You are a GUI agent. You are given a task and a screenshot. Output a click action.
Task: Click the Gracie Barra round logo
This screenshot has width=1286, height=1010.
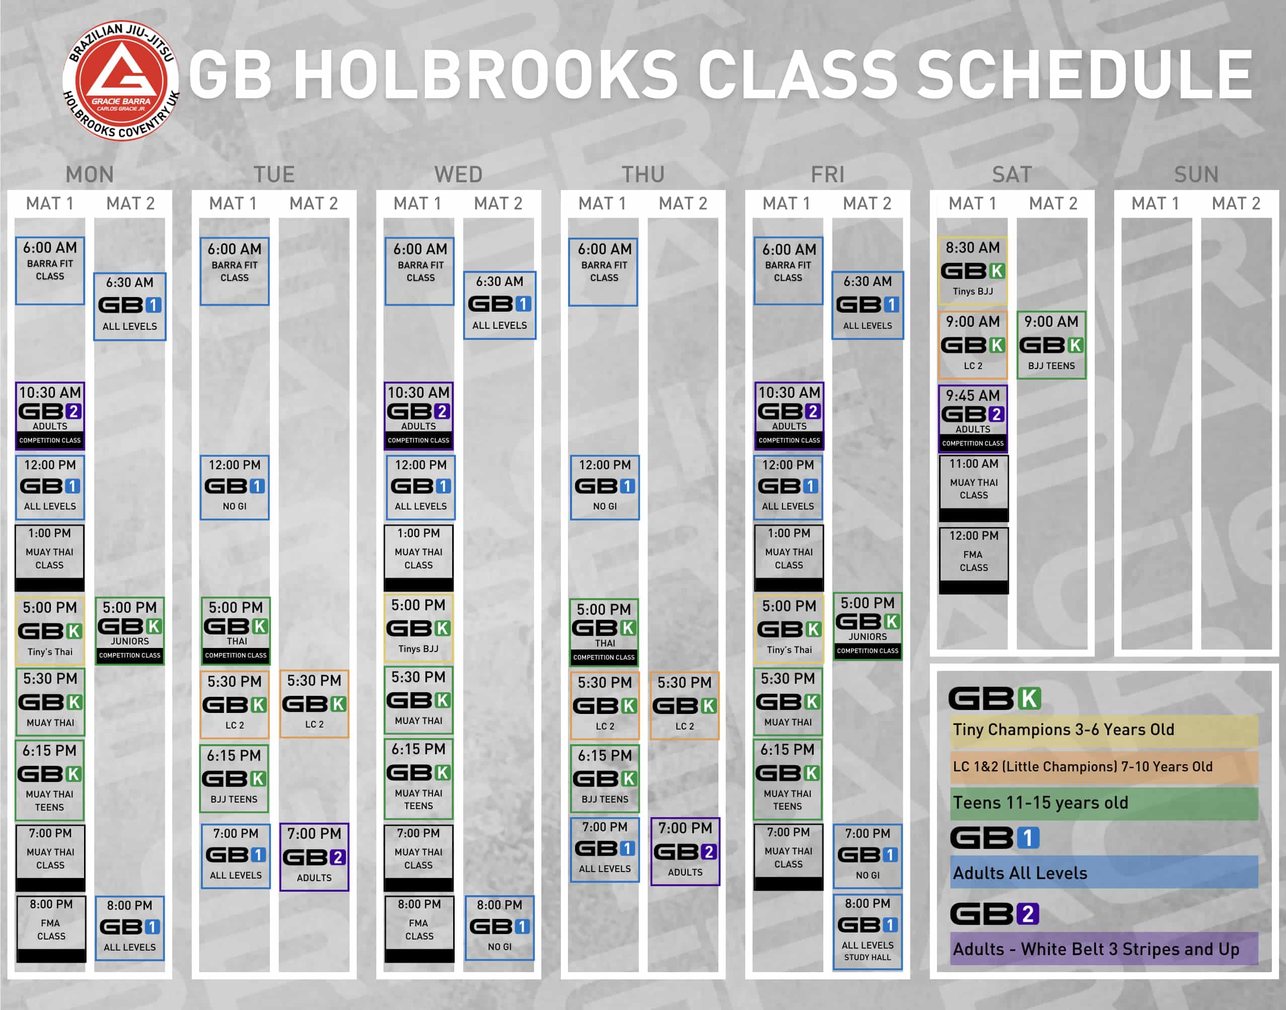(121, 82)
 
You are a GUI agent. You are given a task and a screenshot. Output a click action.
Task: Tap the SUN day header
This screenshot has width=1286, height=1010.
(1195, 174)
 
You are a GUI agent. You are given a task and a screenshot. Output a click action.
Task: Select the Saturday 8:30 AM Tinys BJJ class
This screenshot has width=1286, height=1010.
(973, 270)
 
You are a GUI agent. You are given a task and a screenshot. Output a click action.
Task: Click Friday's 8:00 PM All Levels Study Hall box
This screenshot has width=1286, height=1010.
(868, 931)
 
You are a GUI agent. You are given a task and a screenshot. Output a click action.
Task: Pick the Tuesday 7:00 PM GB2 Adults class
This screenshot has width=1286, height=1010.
(314, 856)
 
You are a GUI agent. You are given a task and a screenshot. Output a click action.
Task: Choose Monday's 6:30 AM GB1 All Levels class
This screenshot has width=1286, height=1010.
(129, 306)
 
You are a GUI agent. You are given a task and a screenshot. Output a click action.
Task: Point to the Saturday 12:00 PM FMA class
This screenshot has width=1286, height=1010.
(973, 559)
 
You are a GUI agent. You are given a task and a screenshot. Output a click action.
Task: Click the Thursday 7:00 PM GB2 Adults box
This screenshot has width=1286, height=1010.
(685, 851)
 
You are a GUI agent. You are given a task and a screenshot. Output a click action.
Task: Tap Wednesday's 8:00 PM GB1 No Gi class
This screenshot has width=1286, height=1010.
(499, 926)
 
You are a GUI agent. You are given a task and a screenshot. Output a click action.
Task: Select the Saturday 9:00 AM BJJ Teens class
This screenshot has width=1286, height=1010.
(1051, 345)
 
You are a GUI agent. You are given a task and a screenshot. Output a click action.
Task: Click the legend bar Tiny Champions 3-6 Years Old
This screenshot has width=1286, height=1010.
(1103, 730)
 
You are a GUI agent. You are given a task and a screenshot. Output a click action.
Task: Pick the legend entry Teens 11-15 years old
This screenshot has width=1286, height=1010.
(1103, 803)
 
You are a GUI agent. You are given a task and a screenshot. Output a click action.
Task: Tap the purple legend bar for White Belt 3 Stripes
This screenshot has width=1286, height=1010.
(1103, 949)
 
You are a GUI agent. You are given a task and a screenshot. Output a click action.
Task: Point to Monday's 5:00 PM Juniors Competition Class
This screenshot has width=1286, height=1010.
(129, 630)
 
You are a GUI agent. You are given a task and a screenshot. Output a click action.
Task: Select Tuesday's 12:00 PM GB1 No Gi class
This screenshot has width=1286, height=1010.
(235, 487)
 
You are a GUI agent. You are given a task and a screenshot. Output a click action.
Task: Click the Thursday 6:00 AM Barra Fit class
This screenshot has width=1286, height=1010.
(604, 271)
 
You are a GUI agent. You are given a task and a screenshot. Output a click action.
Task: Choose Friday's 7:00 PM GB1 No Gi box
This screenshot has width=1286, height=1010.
(868, 855)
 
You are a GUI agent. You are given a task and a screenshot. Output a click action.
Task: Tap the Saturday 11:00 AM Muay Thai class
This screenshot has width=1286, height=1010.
(973, 487)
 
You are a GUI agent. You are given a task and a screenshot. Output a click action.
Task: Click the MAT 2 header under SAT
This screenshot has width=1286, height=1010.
(1052, 203)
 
